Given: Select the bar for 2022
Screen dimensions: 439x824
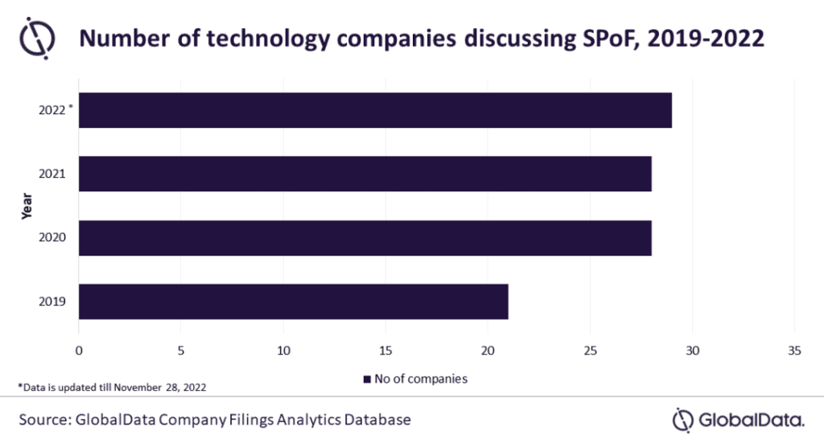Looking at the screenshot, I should pyautogui.click(x=374, y=110).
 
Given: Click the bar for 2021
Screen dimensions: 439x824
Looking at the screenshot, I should pyautogui.click(x=365, y=174).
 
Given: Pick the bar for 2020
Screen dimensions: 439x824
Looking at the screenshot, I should pyautogui.click(x=365, y=238).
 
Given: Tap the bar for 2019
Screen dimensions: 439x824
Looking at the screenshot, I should pyautogui.click(x=293, y=302).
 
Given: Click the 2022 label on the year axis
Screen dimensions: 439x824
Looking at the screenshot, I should pyautogui.click(x=52, y=110).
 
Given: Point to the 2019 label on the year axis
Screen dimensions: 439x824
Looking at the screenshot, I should pyautogui.click(x=52, y=302).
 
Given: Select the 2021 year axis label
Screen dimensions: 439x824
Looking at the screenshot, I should pyautogui.click(x=52, y=174).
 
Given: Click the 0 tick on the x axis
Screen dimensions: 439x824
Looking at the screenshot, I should pyautogui.click(x=79, y=351).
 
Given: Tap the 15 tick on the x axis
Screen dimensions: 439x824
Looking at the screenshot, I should pyautogui.click(x=385, y=351).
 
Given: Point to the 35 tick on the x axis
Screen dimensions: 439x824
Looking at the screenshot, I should pyautogui.click(x=795, y=351).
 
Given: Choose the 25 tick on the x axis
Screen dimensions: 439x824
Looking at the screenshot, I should pyautogui.click(x=590, y=351).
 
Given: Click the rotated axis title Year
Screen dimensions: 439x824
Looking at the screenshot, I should pyautogui.click(x=26, y=206).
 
